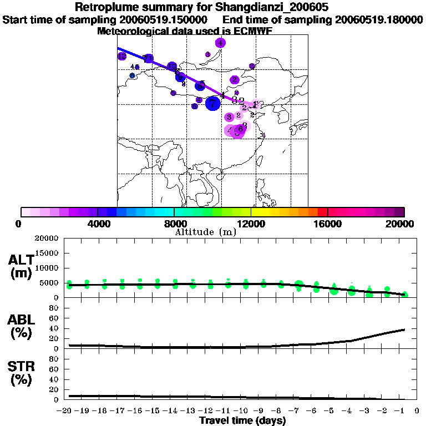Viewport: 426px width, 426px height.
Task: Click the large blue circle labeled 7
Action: pyautogui.click(x=212, y=103)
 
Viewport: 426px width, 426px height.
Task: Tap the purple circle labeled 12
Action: pyautogui.click(x=122, y=56)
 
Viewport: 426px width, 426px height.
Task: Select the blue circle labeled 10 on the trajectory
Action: pyautogui.click(x=172, y=67)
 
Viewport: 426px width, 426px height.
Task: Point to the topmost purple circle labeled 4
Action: pyautogui.click(x=221, y=43)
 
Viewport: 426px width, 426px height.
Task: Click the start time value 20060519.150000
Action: pyautogui.click(x=164, y=20)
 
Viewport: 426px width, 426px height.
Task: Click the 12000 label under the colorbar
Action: pyautogui.click(x=251, y=224)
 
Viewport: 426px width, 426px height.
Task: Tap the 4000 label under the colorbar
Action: pyautogui.click(x=97, y=224)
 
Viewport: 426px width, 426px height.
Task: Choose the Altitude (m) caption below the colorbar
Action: pyautogui.click(x=205, y=232)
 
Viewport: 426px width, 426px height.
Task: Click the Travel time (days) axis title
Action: pyautogui.click(x=242, y=421)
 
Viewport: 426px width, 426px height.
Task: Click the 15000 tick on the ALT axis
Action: pyautogui.click(x=47, y=253)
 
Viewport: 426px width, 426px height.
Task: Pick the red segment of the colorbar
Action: pyautogui.click(x=322, y=212)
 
